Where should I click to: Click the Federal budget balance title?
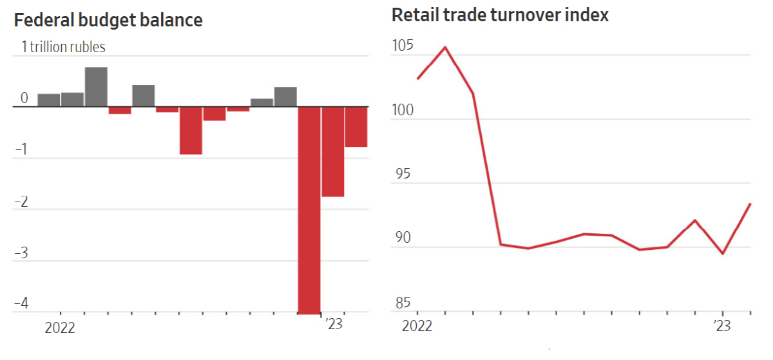(108, 21)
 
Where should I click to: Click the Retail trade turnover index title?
(500, 15)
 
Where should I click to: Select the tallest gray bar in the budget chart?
(96, 86)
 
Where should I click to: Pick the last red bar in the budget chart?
(356, 126)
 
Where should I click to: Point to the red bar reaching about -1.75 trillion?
(332, 151)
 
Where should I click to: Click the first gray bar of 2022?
(49, 100)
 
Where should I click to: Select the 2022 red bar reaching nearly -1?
(191, 130)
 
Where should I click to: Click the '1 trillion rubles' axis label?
(63, 47)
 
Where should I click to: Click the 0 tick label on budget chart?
(24, 99)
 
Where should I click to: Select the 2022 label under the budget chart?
(60, 328)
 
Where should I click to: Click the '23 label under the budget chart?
(334, 323)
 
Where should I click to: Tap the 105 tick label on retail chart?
(403, 47)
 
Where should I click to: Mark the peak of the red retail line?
(445, 47)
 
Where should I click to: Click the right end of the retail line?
(750, 204)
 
